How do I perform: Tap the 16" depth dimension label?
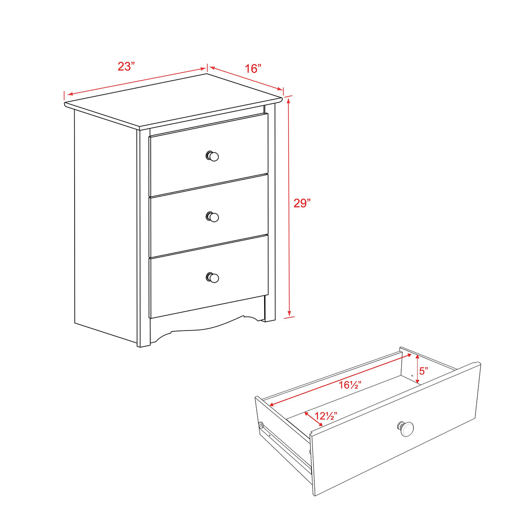pyautogui.click(x=253, y=69)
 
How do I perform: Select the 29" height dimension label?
pyautogui.click(x=302, y=203)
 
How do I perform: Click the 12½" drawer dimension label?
pyautogui.click(x=326, y=416)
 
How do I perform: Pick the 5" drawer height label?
pyautogui.click(x=423, y=372)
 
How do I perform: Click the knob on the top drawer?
pyautogui.click(x=212, y=156)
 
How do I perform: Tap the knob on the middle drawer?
pyautogui.click(x=212, y=217)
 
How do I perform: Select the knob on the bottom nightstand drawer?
pyautogui.click(x=212, y=277)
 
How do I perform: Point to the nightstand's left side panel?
pyautogui.click(x=105, y=227)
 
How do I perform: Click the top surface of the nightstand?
pyautogui.click(x=175, y=100)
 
